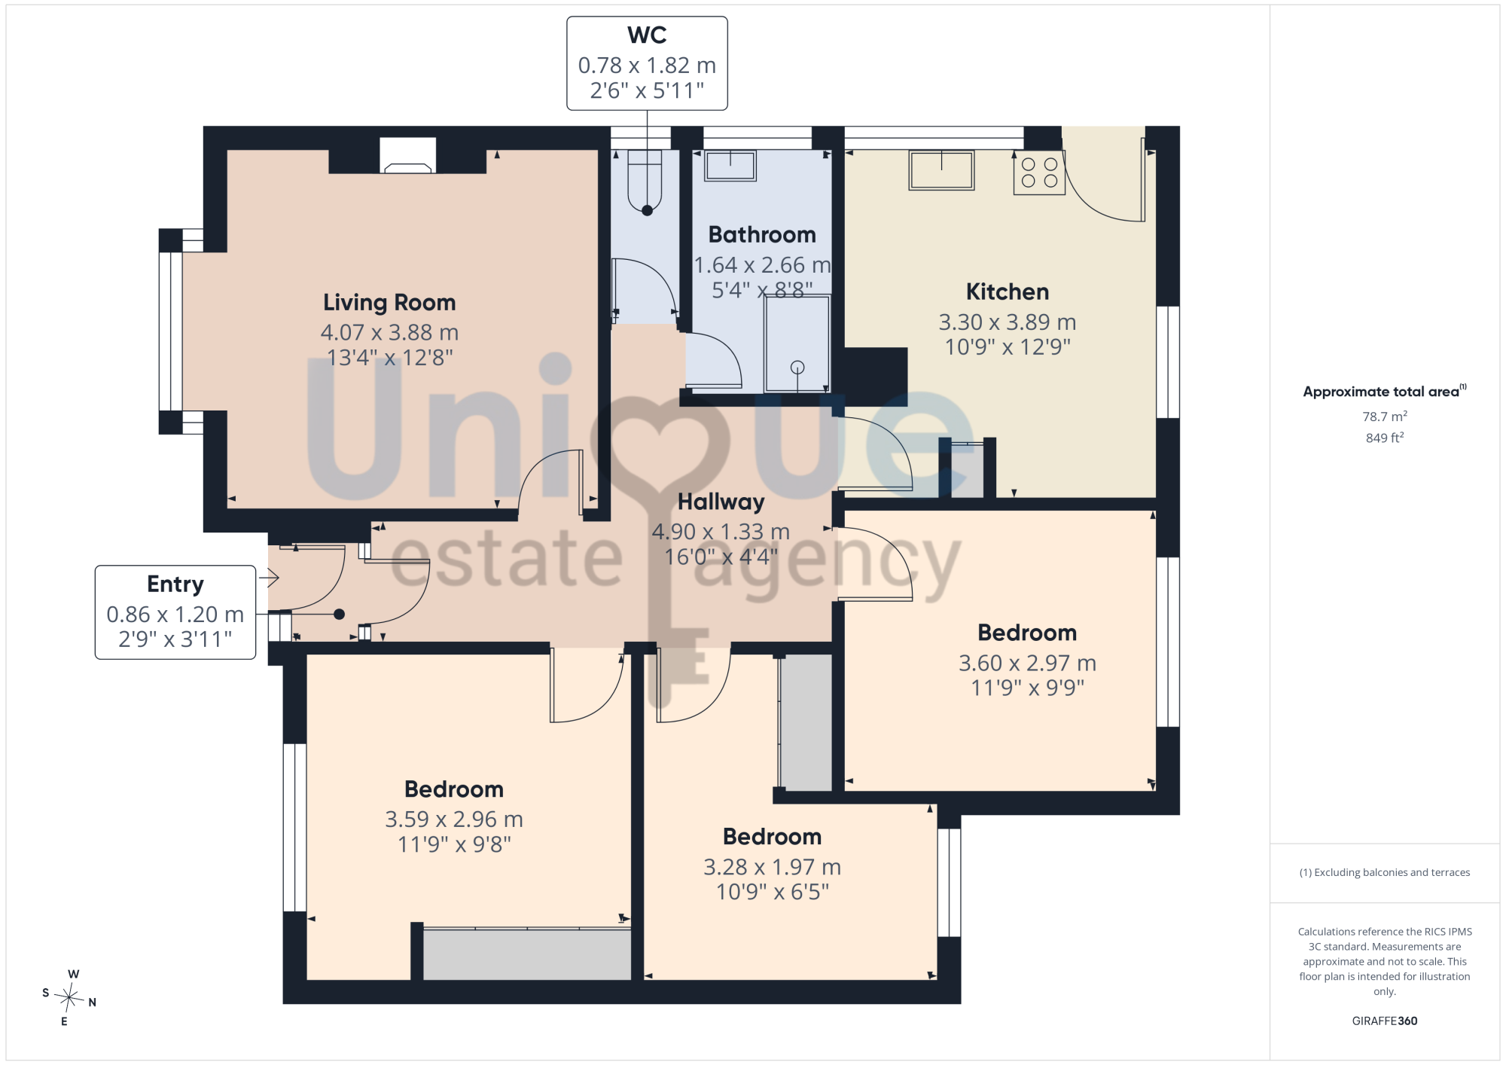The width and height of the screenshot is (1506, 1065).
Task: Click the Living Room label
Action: tap(389, 303)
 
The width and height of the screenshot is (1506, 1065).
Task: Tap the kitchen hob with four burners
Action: tap(1039, 172)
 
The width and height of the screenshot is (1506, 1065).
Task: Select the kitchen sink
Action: tap(941, 169)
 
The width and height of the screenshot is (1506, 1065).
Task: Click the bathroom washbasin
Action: tap(730, 165)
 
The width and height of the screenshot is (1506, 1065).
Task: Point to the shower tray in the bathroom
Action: tap(797, 343)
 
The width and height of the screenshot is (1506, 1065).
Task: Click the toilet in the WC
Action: tap(645, 181)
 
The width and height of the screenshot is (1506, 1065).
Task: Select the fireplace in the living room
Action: tap(407, 156)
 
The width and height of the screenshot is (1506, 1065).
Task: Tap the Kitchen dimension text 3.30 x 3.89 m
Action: tap(1008, 322)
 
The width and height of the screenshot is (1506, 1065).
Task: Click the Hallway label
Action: tap(721, 502)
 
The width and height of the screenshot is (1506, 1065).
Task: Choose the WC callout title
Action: tap(647, 35)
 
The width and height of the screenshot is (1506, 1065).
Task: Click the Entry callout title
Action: tap(175, 584)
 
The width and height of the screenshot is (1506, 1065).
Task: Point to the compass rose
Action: tap(69, 998)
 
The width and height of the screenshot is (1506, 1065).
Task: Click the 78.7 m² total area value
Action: tap(1385, 417)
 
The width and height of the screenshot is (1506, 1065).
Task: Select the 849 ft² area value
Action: tap(1385, 438)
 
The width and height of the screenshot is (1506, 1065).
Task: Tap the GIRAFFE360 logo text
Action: tap(1385, 1021)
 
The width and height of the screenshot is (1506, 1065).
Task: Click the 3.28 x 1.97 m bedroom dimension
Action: tap(773, 868)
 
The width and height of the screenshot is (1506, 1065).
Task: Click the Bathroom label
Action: tap(762, 235)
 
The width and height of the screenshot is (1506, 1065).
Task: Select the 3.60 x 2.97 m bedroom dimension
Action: tap(1027, 664)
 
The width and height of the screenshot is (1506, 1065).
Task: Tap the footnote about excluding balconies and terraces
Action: tap(1385, 872)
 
